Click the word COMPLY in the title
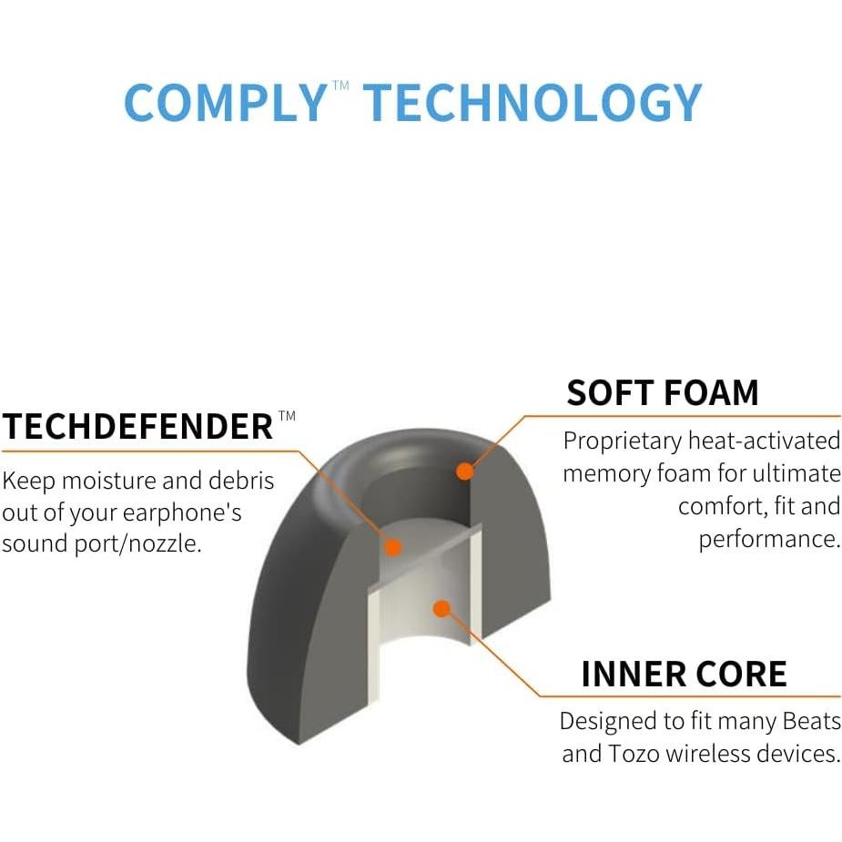pyautogui.click(x=224, y=103)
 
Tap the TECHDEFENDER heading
pyautogui.click(x=137, y=426)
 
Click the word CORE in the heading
pyautogui.click(x=746, y=675)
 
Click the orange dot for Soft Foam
pyautogui.click(x=464, y=472)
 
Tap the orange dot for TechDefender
pyautogui.click(x=392, y=547)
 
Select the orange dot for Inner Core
pyautogui.click(x=441, y=608)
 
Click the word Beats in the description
pyautogui.click(x=811, y=722)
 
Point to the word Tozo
pyautogui.click(x=634, y=754)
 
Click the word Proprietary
pyautogui.click(x=622, y=441)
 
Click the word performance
pyautogui.click(x=769, y=539)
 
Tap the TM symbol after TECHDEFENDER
pyautogui.click(x=287, y=416)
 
